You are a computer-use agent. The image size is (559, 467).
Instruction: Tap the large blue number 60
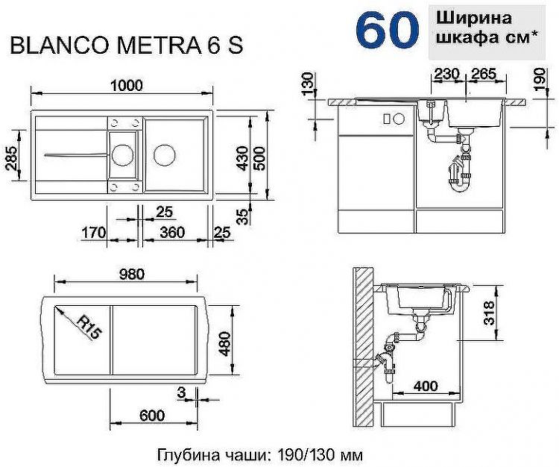tap(386, 30)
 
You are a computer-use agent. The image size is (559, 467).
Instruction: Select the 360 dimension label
tap(172, 233)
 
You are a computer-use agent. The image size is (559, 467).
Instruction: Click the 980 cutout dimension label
tap(131, 274)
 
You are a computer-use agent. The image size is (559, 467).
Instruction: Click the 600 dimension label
tap(152, 416)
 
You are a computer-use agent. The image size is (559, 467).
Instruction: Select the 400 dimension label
tap(426, 387)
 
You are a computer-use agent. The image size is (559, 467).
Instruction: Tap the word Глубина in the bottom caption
tap(186, 454)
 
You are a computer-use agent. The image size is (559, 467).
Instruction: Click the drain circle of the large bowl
tap(163, 156)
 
